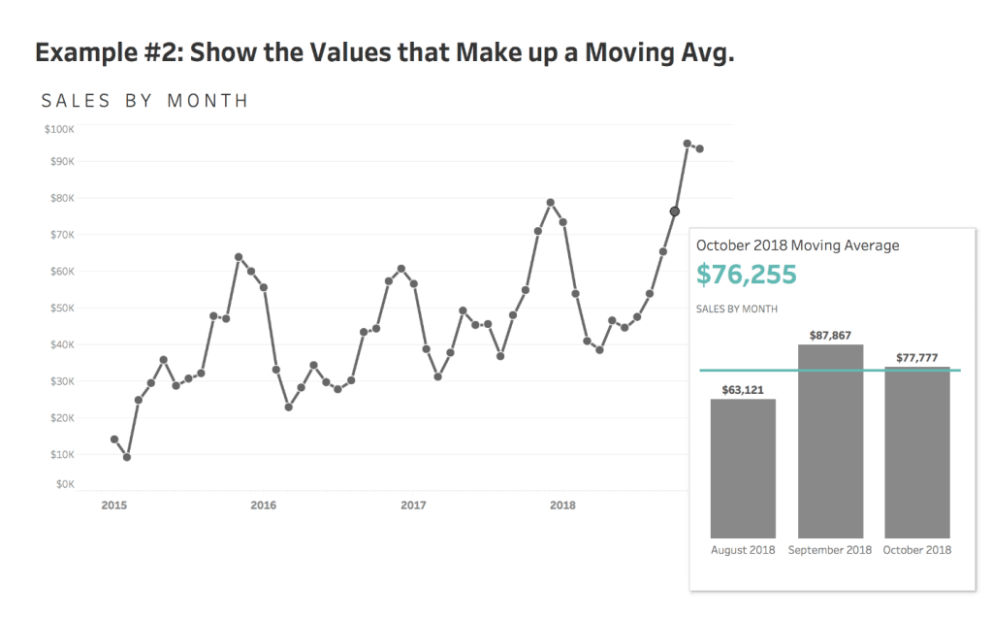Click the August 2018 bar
(743, 468)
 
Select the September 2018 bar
(830, 440)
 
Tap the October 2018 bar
(917, 452)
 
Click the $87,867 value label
(830, 335)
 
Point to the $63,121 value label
(743, 390)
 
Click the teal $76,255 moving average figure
(746, 275)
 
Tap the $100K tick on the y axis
(59, 129)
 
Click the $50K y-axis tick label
(61, 309)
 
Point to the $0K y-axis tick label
(64, 483)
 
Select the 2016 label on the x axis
(263, 505)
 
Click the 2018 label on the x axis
(562, 505)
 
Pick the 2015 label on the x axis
(113, 505)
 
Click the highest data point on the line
(687, 144)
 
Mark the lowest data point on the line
(127, 457)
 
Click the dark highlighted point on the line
(675, 212)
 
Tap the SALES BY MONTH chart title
(144, 101)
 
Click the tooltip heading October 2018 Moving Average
(797, 245)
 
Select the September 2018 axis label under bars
(830, 550)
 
